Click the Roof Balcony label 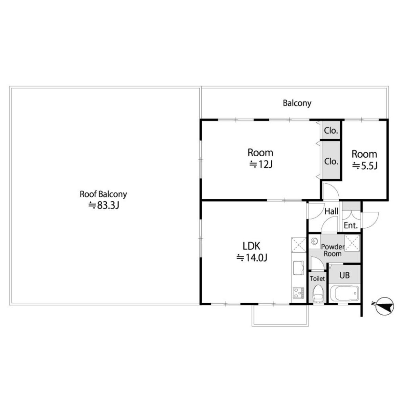(103, 194)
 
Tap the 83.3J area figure (104, 205)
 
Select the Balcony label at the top (297, 103)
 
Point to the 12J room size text (261, 164)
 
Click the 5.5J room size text (365, 166)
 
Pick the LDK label (251, 246)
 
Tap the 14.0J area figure (252, 257)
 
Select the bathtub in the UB (344, 293)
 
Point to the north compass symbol (384, 306)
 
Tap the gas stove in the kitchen (298, 293)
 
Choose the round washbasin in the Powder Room (315, 241)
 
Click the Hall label (332, 211)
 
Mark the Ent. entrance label (351, 225)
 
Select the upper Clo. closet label (331, 131)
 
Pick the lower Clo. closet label (331, 162)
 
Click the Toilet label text (317, 279)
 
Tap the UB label (344, 275)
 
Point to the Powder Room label (333, 250)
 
